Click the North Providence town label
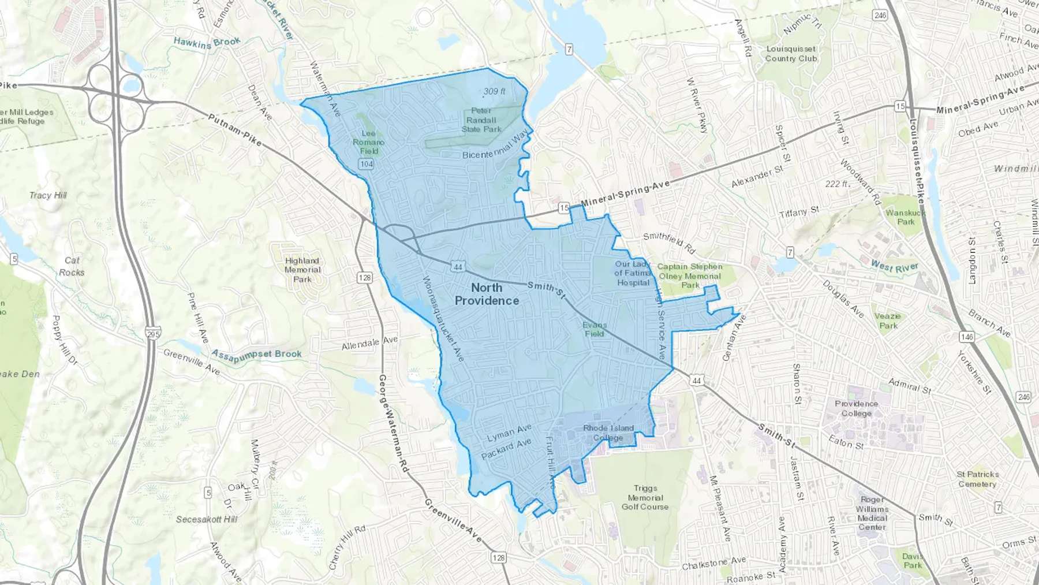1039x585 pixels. tap(487, 294)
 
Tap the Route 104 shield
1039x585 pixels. tap(366, 164)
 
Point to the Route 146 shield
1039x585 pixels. tap(967, 337)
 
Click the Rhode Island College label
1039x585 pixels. tap(608, 433)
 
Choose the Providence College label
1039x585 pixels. tap(856, 408)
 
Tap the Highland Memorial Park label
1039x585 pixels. tap(302, 270)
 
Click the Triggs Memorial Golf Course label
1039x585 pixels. tap(645, 497)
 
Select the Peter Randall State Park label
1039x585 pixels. tap(481, 120)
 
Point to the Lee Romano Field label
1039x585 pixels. tap(368, 142)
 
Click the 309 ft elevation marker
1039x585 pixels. tap(494, 91)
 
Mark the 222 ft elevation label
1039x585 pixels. tap(837, 184)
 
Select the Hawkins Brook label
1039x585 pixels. tap(207, 42)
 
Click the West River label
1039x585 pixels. tap(894, 266)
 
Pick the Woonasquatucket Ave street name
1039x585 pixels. tap(443, 319)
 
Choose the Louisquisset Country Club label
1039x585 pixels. tap(791, 54)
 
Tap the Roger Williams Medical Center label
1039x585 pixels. tap(872, 513)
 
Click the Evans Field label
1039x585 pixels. tap(594, 329)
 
